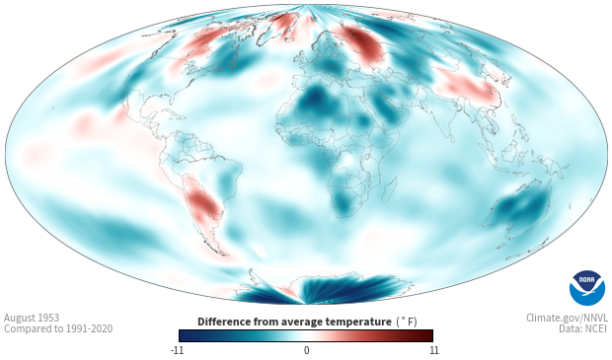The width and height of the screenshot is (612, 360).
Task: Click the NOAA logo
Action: [x=587, y=288]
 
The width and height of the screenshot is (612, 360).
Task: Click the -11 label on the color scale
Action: [x=177, y=350]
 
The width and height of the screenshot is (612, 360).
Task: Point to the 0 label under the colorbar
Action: [x=306, y=350]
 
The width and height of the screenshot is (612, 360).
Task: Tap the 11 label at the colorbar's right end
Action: [x=434, y=350]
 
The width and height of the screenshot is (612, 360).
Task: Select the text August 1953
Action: [x=32, y=318]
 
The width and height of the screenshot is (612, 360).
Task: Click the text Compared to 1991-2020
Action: [x=58, y=328]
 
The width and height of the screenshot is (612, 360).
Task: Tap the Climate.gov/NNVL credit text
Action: [x=567, y=318]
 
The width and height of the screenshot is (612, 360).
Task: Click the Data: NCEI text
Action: [x=583, y=328]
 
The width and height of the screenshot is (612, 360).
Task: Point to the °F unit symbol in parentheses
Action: [x=407, y=322]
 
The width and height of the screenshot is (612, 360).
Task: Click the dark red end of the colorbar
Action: [x=427, y=335]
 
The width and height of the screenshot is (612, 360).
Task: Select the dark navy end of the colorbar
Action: [x=185, y=335]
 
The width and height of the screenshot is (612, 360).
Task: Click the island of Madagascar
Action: [x=389, y=188]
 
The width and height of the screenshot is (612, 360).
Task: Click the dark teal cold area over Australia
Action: [x=522, y=206]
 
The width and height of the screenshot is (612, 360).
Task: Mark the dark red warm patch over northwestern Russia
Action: [x=362, y=43]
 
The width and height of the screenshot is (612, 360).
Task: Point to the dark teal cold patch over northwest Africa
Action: [x=315, y=101]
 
